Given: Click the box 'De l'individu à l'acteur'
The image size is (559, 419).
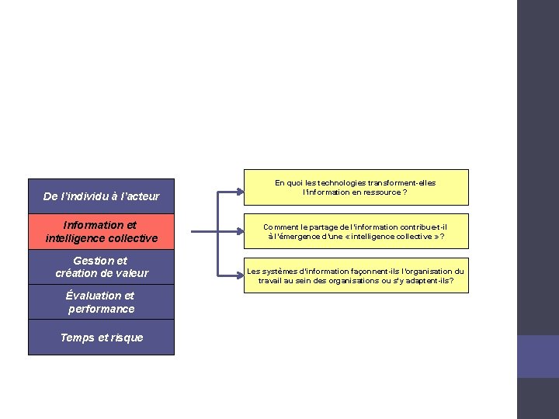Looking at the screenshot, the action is [101, 196].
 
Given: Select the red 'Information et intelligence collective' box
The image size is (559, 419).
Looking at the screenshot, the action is [101, 232].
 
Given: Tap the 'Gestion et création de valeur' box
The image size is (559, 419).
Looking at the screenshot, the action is [101, 267].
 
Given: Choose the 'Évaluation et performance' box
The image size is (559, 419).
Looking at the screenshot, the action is [101, 302].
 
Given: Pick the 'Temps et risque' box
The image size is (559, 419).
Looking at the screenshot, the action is [101, 338].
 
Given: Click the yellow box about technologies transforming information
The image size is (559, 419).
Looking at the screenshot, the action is [356, 187].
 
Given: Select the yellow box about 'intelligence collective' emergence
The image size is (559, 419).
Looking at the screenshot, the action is [356, 231].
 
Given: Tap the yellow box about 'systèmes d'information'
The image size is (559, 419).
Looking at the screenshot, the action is [356, 275].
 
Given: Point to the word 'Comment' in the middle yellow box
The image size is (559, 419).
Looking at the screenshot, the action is [279, 227].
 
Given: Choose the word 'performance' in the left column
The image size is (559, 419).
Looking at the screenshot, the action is [101, 309].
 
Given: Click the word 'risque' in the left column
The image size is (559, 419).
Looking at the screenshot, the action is [127, 338].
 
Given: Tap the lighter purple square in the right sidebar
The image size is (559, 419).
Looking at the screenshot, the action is [538, 356].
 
